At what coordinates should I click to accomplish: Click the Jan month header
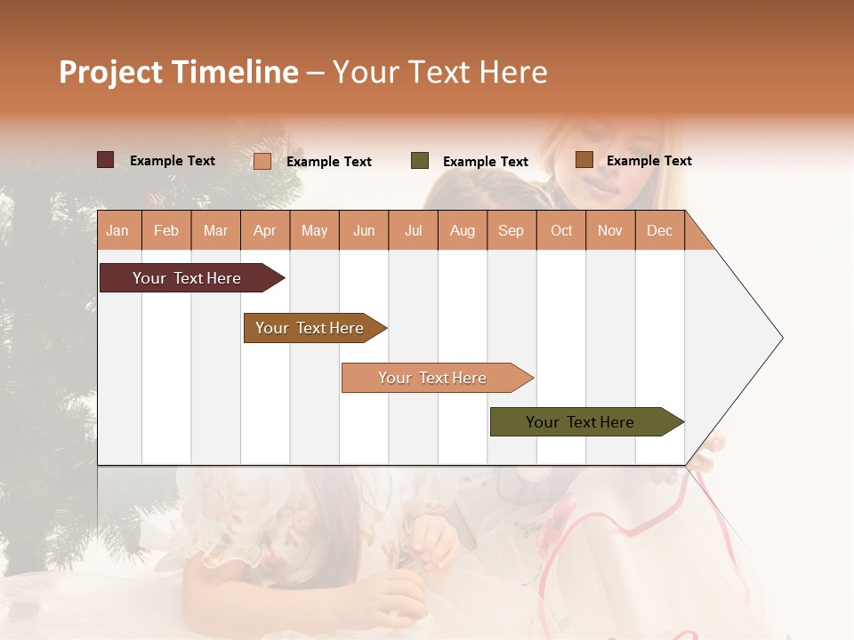tap(117, 231)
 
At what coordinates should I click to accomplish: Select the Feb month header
tap(166, 231)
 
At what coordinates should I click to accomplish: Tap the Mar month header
tap(215, 231)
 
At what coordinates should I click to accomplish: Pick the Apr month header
tap(264, 231)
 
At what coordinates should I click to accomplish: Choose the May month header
tap(314, 231)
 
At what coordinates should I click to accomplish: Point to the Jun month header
tap(364, 231)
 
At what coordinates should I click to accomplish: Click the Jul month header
tap(413, 231)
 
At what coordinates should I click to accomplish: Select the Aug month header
tap(462, 231)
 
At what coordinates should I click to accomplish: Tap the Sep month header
tap(511, 231)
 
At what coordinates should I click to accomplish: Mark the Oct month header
tap(561, 231)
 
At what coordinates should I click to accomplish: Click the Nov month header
tap(609, 231)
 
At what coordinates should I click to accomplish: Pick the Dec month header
tap(659, 231)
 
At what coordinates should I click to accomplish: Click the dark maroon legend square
tap(106, 160)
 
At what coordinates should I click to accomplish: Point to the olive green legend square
tap(420, 161)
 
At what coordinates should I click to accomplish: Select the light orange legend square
tap(262, 161)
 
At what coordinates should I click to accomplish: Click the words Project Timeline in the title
tap(179, 72)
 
